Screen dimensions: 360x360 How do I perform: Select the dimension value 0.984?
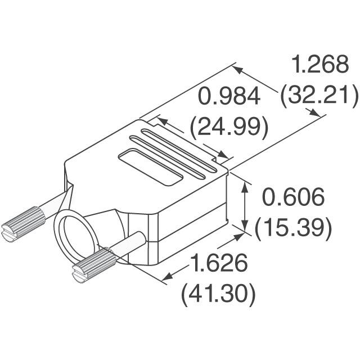click(228, 97)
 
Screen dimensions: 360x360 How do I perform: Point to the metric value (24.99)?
click(228, 127)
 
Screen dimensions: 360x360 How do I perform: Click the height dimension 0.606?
click(294, 197)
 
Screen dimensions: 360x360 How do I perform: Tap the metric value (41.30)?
click(219, 293)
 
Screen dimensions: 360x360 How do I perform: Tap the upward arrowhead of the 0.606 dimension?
click(245, 186)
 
